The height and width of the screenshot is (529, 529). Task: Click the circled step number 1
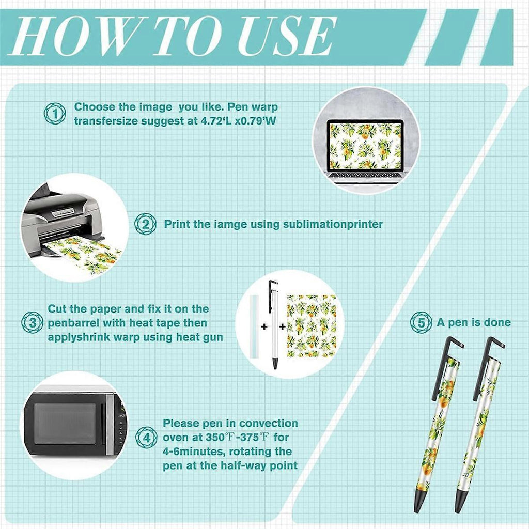click(55, 114)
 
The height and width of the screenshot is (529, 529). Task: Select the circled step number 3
click(33, 322)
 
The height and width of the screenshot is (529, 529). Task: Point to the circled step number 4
click(146, 438)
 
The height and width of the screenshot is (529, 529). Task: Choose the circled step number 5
click(421, 322)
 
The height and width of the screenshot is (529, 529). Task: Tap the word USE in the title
click(286, 36)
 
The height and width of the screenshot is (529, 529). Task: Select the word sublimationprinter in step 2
click(333, 225)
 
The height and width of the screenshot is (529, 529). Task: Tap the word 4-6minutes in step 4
click(193, 452)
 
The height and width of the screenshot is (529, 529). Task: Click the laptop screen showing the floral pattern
click(366, 146)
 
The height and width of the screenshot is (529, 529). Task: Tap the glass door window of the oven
click(65, 424)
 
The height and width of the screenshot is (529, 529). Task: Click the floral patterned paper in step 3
click(312, 326)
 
